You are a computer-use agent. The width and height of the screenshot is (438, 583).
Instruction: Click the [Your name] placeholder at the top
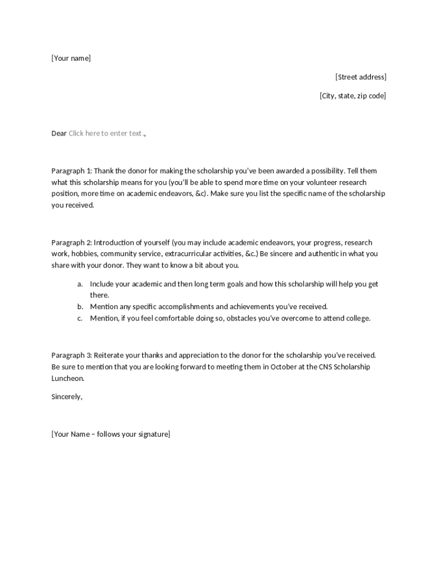pos(71,58)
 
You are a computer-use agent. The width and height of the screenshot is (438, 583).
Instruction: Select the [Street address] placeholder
pos(361,77)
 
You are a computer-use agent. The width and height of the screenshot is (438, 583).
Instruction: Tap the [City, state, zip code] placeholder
pos(353,96)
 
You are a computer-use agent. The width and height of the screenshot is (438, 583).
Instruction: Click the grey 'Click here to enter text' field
pos(105,133)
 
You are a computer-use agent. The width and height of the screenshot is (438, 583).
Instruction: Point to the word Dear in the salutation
pos(59,133)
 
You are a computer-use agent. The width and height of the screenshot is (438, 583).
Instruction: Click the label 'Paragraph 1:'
pos(72,171)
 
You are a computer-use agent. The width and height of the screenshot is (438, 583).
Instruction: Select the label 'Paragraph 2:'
pos(72,243)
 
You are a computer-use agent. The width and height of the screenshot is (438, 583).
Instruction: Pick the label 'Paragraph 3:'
pos(72,355)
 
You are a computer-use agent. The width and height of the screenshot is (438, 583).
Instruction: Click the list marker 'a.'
pos(80,284)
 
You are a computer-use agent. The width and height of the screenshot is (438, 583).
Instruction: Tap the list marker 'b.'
pos(80,307)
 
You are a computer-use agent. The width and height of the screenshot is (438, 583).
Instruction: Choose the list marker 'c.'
pos(80,318)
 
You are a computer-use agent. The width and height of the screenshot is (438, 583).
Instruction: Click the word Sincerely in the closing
pos(67,397)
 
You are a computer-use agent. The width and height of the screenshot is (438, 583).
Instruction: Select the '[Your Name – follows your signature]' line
pos(110,434)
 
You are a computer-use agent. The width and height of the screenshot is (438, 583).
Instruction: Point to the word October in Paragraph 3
pos(283,367)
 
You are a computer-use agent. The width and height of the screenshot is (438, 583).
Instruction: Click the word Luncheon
pos(68,378)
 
